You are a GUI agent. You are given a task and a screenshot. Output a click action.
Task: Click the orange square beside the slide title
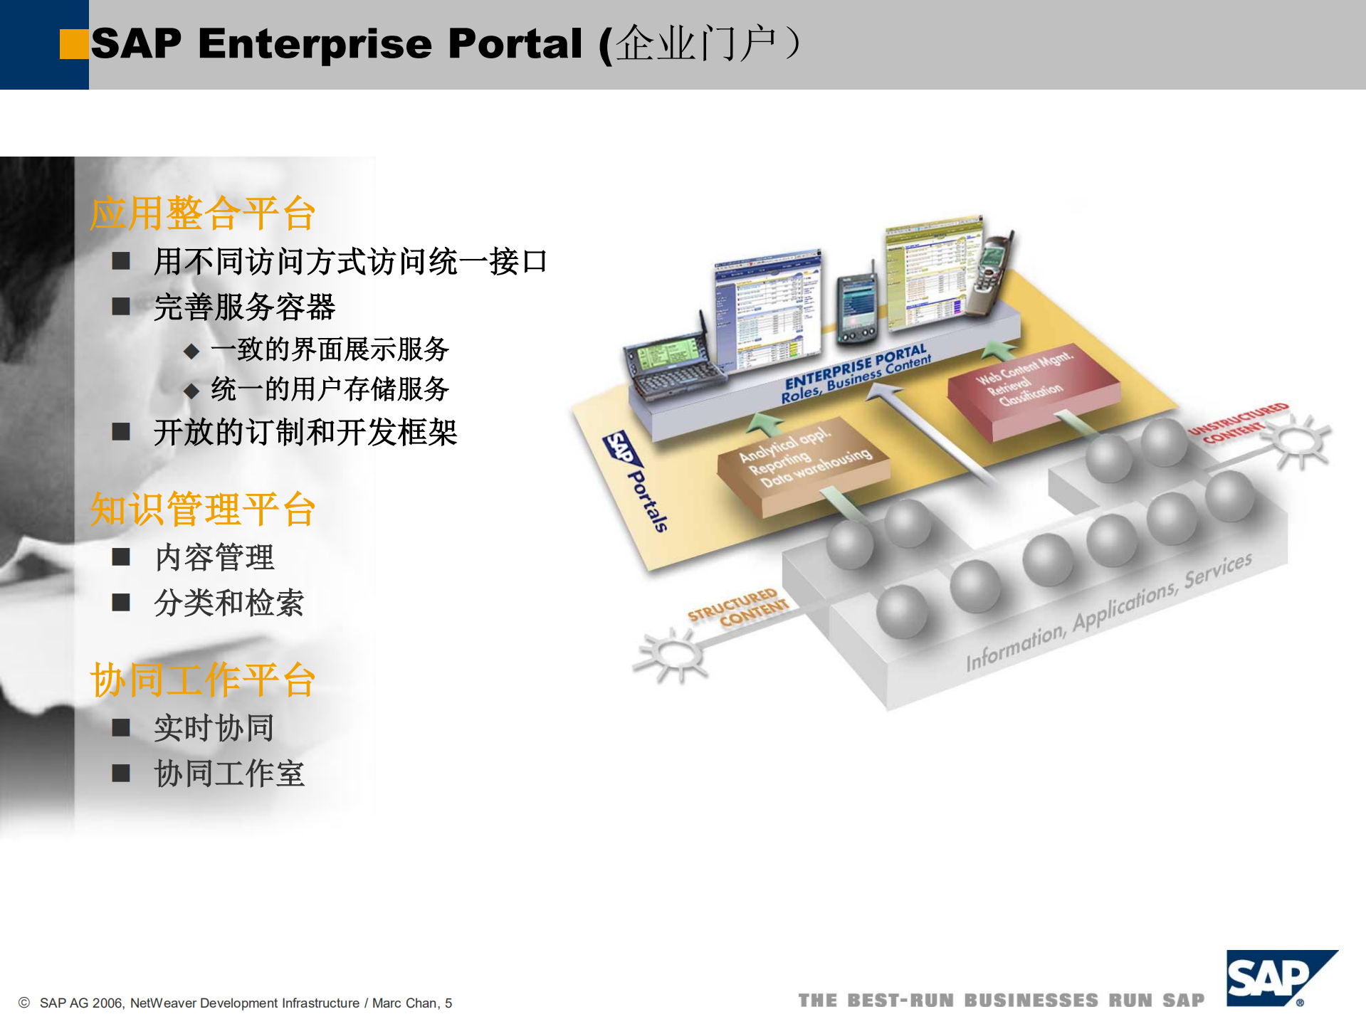click(x=74, y=44)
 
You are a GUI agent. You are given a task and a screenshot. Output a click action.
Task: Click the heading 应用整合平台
click(x=203, y=213)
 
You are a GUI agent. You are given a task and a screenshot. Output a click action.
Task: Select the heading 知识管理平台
click(x=203, y=510)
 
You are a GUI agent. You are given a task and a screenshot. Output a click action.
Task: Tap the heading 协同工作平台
click(x=203, y=680)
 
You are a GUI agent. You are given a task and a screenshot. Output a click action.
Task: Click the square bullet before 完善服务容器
click(x=121, y=307)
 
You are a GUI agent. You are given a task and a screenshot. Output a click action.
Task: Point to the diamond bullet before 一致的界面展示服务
click(x=191, y=350)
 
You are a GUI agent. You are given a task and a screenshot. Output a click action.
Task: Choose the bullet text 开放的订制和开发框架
click(x=305, y=432)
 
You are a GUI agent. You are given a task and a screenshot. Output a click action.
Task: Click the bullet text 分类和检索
click(x=229, y=603)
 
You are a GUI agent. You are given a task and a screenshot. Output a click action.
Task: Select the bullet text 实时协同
click(x=214, y=728)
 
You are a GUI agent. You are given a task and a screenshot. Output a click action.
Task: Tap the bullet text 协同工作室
click(x=229, y=774)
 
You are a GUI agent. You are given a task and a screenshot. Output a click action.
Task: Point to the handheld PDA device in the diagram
click(x=856, y=307)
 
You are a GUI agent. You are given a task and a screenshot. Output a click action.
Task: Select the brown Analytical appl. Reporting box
click(x=803, y=463)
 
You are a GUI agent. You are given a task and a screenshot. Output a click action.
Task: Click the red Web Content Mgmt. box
click(x=1032, y=387)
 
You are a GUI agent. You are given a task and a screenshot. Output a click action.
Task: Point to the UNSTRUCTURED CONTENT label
click(x=1239, y=423)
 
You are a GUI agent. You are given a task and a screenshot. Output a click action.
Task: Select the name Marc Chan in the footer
click(x=404, y=1003)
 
